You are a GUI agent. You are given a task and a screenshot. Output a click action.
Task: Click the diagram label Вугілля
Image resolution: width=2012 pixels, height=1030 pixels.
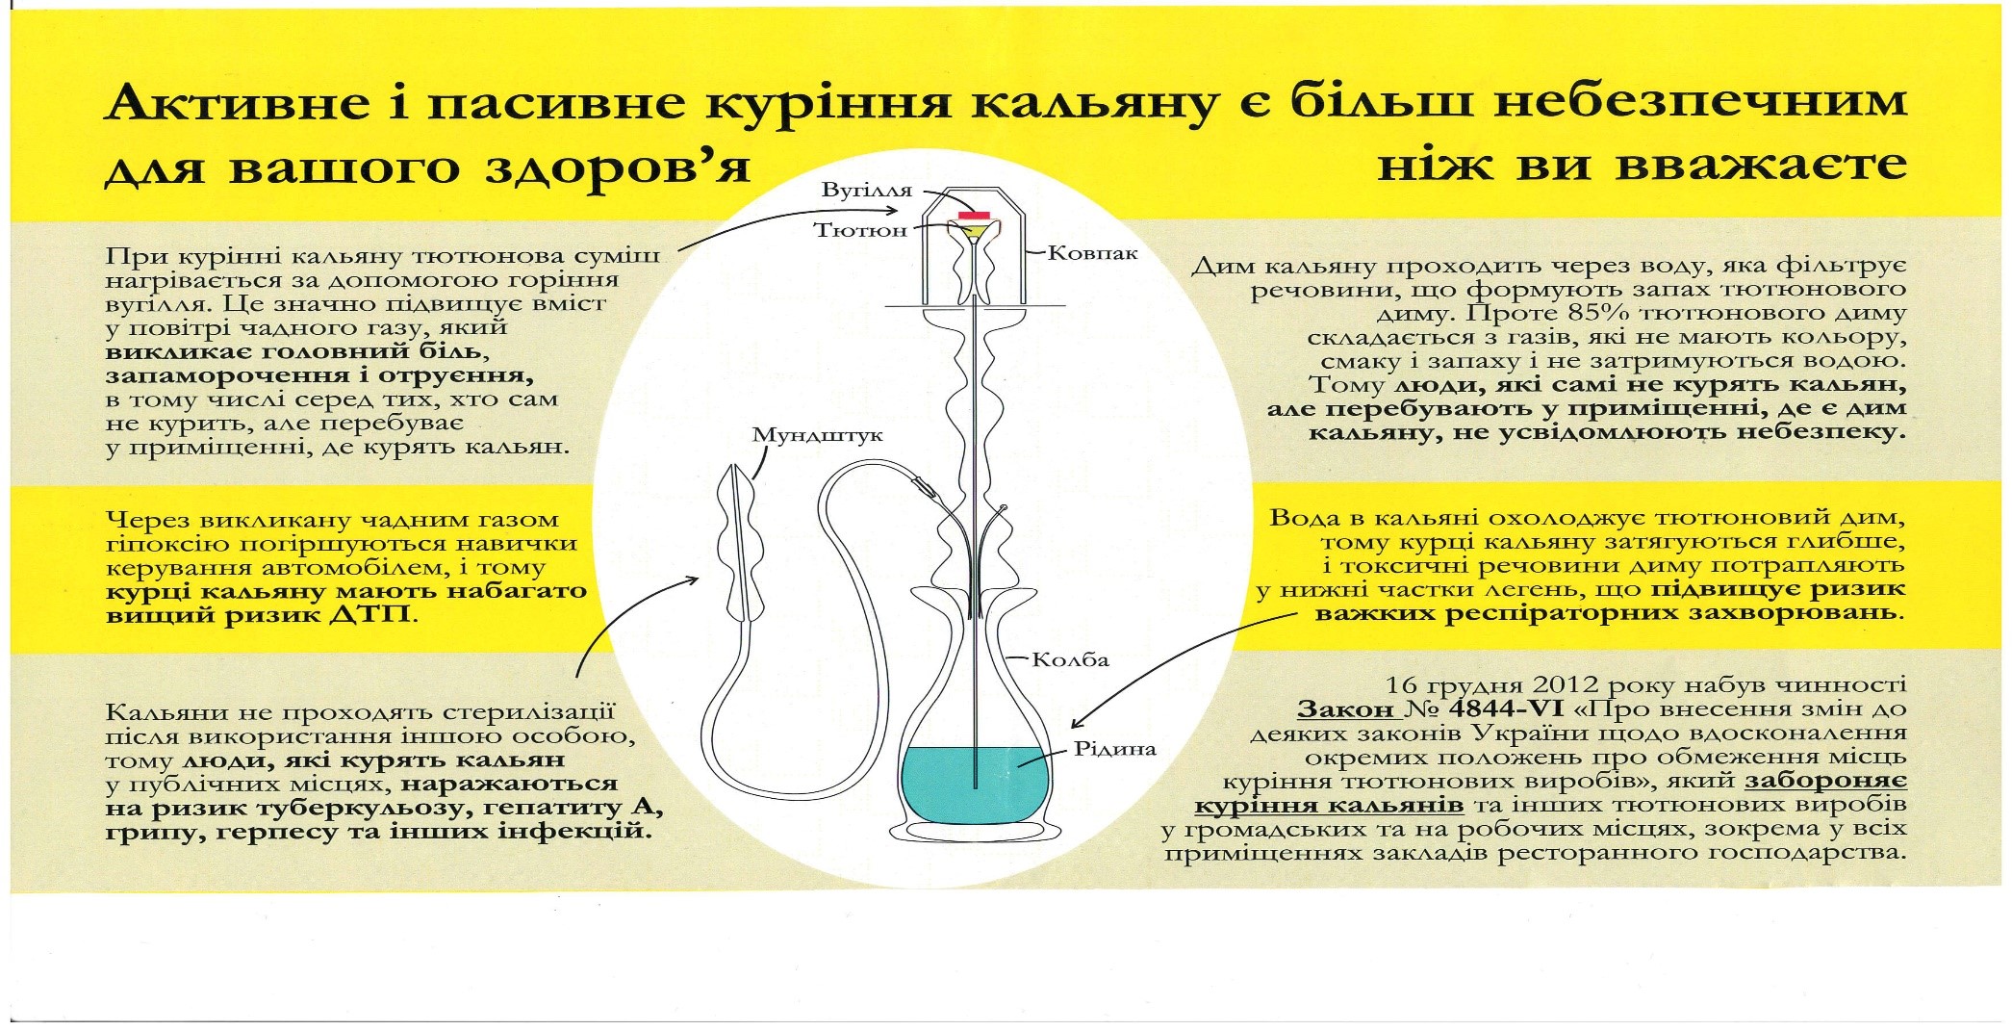click(866, 191)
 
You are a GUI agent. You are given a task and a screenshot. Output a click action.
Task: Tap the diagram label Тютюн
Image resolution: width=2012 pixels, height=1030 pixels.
click(860, 231)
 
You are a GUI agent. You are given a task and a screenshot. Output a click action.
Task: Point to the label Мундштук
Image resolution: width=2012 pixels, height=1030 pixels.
click(817, 436)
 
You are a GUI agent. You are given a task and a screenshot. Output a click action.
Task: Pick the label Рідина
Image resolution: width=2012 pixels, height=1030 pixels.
click(1114, 750)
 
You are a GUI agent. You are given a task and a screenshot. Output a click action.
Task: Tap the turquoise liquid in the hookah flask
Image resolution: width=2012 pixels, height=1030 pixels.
click(974, 785)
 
